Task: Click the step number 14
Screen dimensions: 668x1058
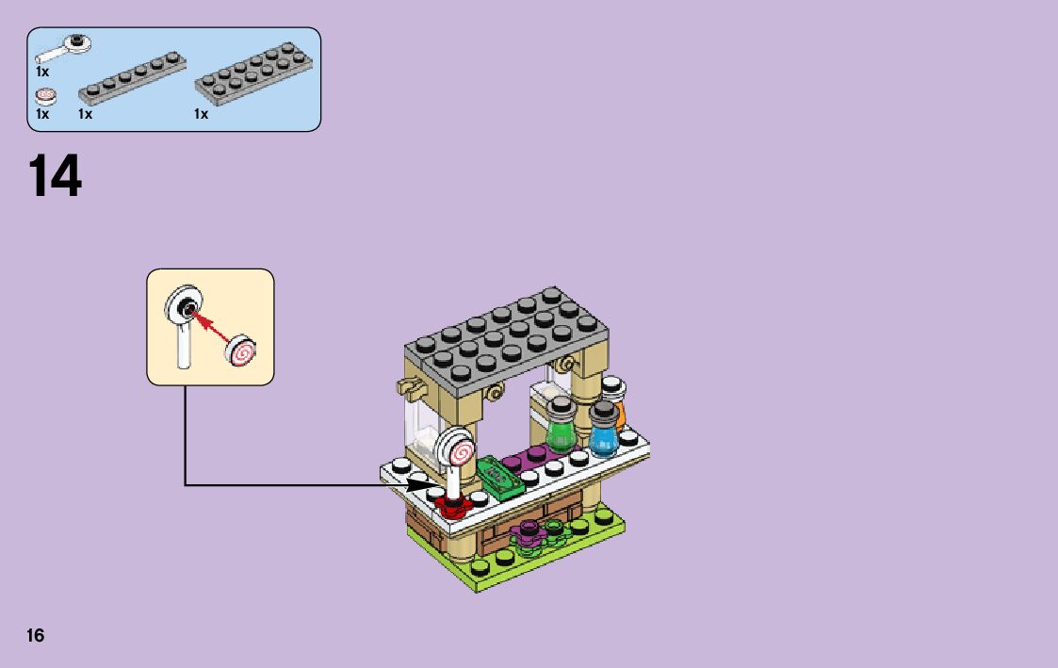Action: (56, 176)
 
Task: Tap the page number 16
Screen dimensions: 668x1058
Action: (36, 635)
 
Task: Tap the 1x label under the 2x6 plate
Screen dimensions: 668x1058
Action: (201, 114)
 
